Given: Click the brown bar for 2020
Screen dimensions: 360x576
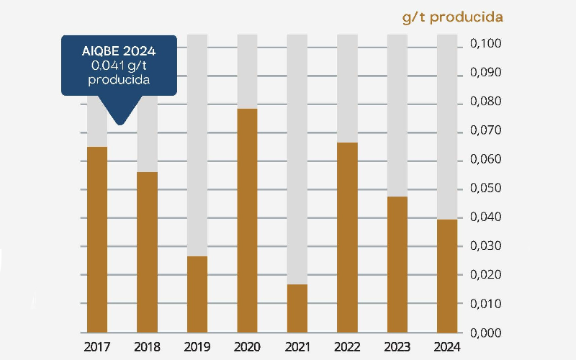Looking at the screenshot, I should tap(247, 220).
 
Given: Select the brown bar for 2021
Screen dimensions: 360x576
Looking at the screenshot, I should tap(297, 308).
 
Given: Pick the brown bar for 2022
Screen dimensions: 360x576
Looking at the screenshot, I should tap(347, 238).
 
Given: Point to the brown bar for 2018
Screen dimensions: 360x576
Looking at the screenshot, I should tap(147, 252).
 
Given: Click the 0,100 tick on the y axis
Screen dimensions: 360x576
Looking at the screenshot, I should tap(485, 45).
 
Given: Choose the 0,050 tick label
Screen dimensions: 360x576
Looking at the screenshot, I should tap(485, 189).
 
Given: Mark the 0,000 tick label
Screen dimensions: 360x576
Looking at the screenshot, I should tap(485, 333).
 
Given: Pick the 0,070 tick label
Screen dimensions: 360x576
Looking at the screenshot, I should tap(485, 131).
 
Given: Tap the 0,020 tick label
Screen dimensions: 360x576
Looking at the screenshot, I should tap(485, 275).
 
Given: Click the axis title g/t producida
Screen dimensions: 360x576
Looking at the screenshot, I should tap(452, 17).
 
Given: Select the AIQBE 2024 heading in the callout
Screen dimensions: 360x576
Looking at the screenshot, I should tap(119, 51).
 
